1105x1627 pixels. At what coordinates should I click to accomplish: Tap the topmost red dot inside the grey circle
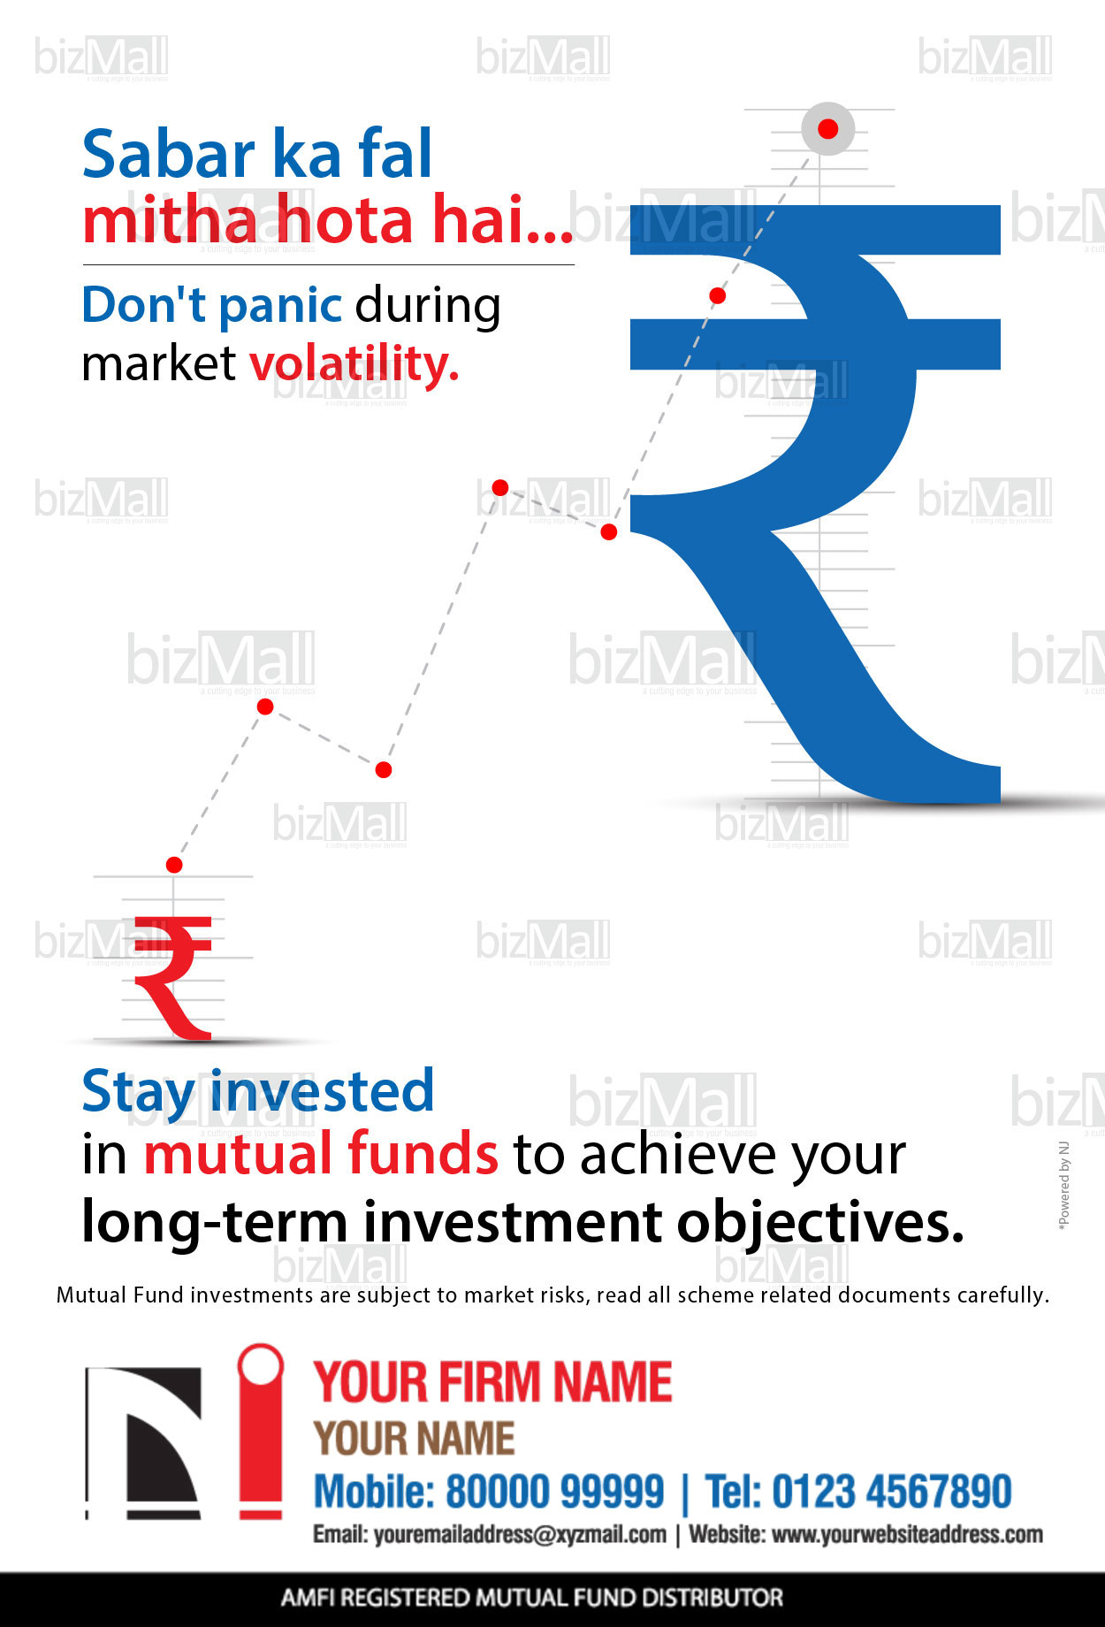(828, 129)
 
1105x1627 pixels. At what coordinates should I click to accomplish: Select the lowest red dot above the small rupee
(174, 865)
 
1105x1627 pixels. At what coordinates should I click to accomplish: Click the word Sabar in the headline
(169, 155)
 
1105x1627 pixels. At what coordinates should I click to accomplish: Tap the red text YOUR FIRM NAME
(493, 1382)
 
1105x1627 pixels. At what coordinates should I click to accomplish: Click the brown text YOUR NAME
(415, 1439)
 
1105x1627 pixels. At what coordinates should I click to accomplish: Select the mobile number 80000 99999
(554, 1492)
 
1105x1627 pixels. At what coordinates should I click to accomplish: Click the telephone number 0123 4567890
(892, 1492)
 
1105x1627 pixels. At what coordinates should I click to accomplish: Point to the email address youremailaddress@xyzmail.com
(520, 1535)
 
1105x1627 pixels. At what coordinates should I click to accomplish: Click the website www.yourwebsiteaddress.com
(907, 1535)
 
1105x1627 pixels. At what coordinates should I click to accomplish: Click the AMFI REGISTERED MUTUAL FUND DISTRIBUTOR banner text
(532, 1598)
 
